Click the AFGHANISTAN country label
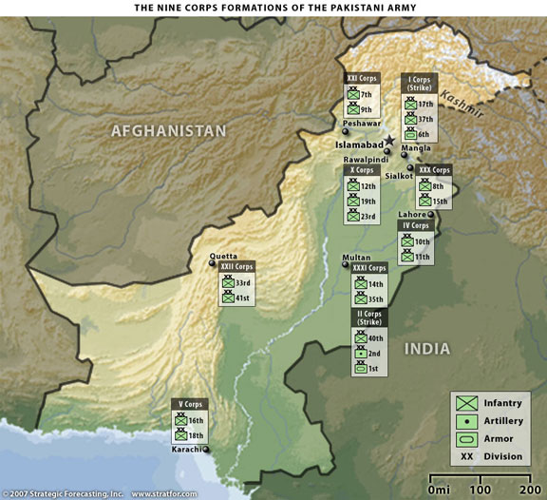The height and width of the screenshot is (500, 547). coord(169,130)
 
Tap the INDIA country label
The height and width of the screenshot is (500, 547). coord(426,349)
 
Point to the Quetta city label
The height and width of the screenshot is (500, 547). coord(223,256)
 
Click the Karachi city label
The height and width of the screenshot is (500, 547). coord(186,450)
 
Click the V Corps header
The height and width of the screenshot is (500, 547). coord(191,405)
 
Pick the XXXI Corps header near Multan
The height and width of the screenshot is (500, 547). coord(369,269)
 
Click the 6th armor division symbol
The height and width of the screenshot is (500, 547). coord(411,135)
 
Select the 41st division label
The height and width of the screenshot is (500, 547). coord(243,298)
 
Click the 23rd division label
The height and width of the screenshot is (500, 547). coord(368,216)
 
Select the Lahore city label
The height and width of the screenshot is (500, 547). coord(412,215)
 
